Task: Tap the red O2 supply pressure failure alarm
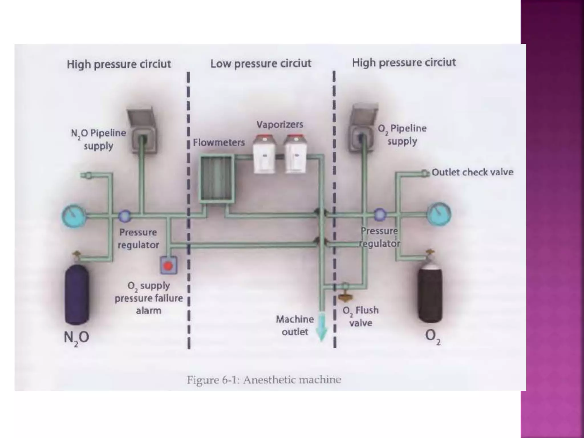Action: tap(169, 265)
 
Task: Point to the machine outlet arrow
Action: tap(322, 328)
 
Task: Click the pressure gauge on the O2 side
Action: tap(439, 214)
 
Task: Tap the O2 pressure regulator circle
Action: tap(380, 214)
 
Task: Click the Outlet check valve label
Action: tap(472, 172)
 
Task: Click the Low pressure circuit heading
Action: tap(261, 63)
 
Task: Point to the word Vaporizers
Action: tap(279, 124)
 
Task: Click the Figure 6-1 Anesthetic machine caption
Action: tap(264, 380)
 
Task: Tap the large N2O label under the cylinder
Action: tap(76, 338)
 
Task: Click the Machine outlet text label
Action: tap(295, 325)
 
